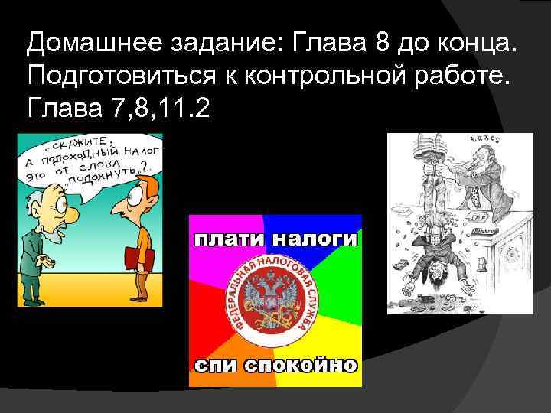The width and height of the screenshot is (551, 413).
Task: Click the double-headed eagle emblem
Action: click(x=275, y=300)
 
